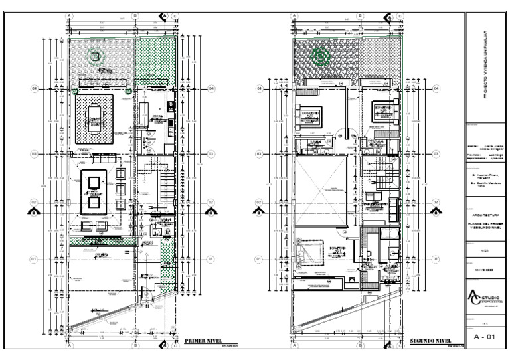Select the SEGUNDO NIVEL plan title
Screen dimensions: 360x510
click(431, 340)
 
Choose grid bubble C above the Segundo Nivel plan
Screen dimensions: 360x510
click(400, 15)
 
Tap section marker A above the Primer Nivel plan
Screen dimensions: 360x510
click(163, 15)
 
